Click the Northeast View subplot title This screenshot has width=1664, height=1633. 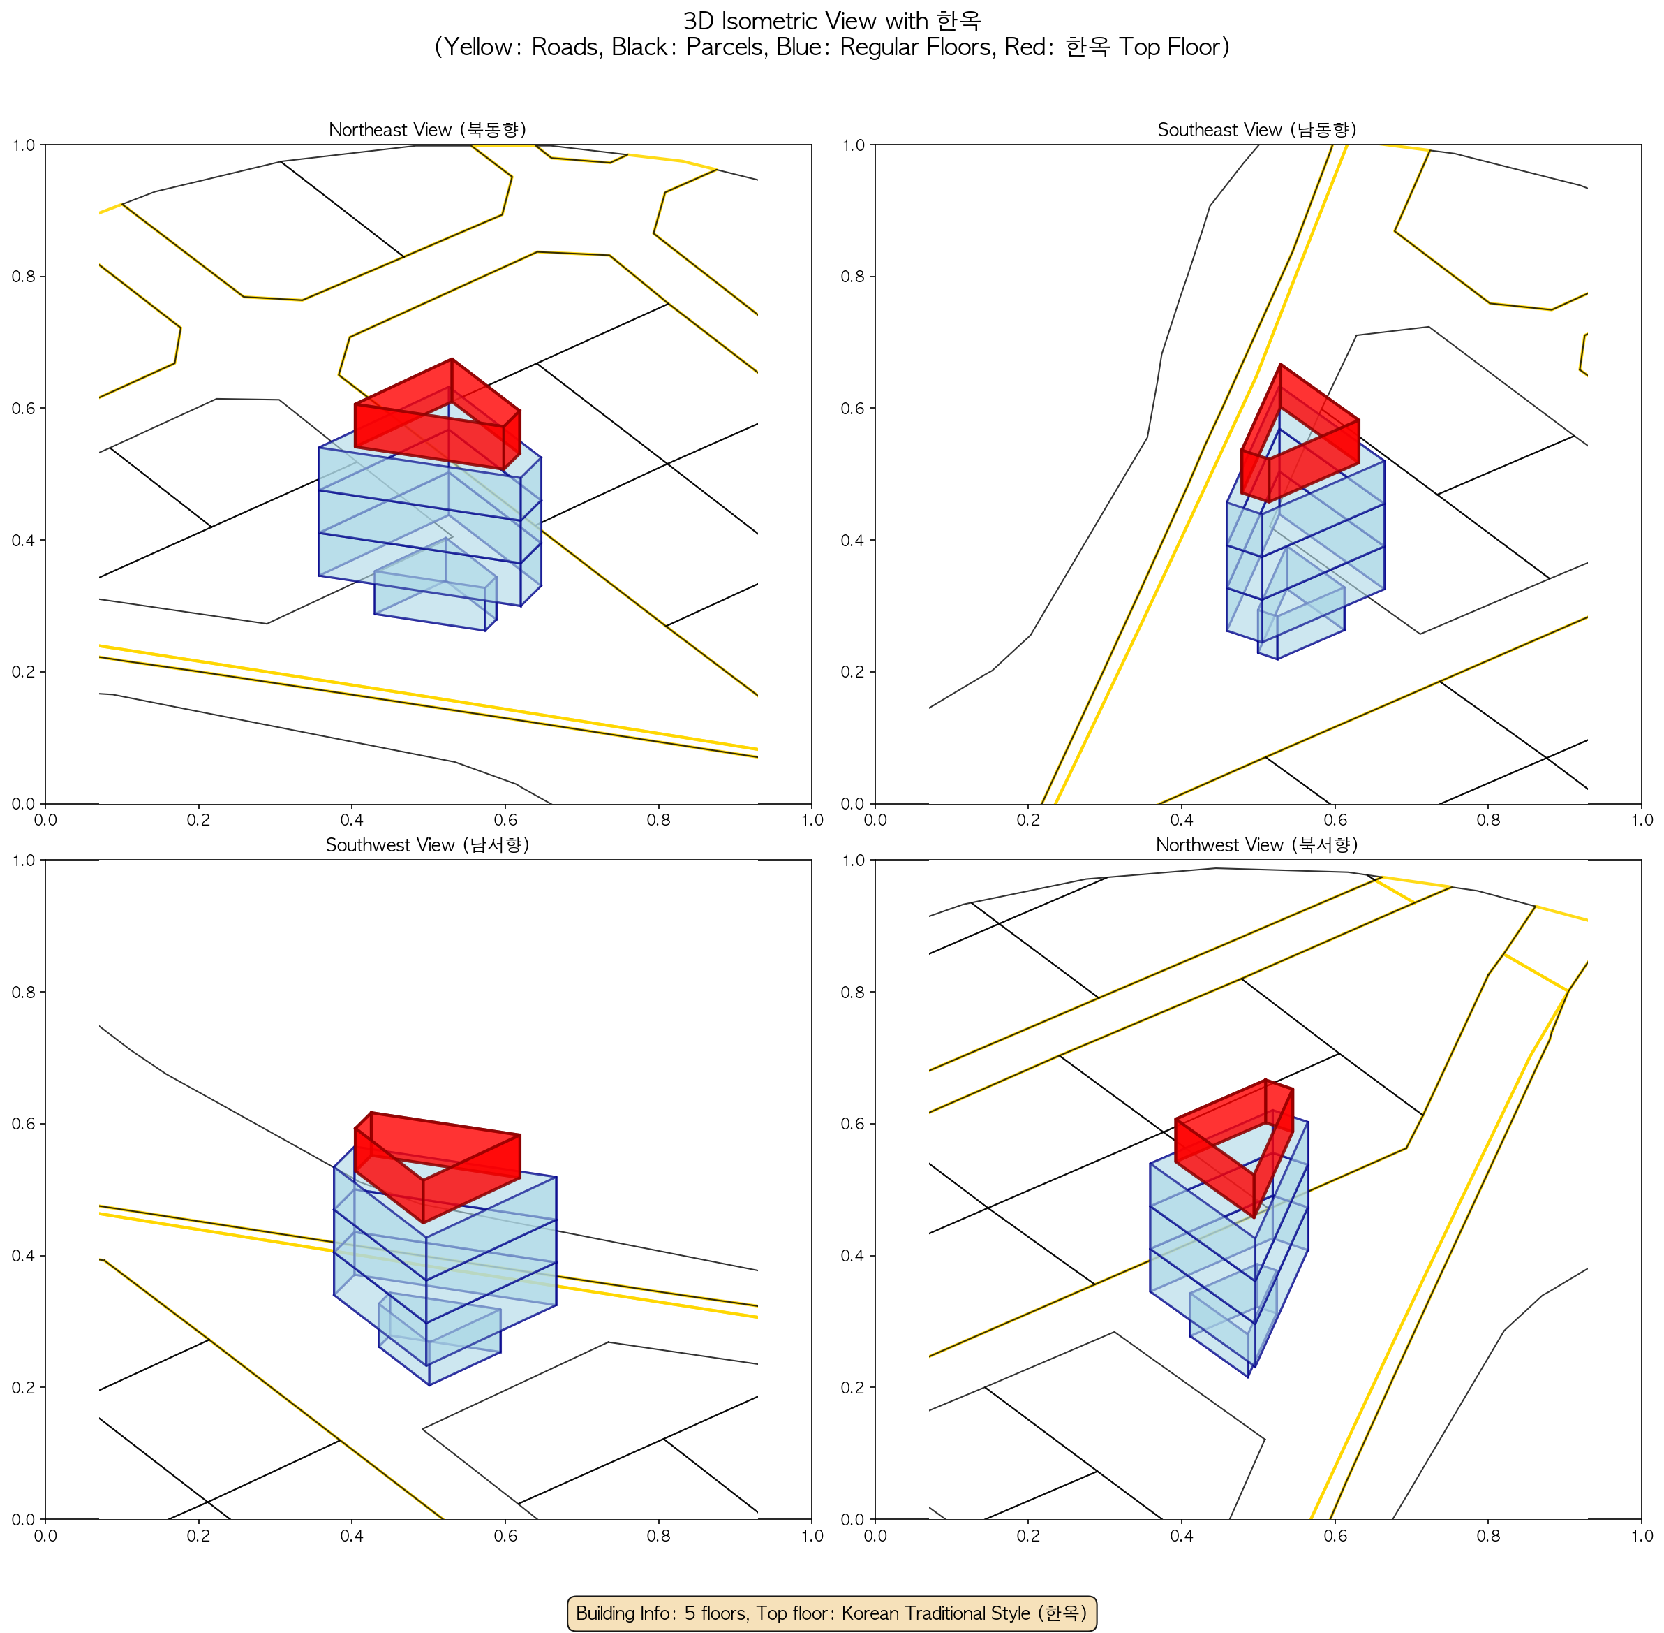pyautogui.click(x=428, y=129)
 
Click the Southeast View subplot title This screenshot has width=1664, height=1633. pyautogui.click(x=1257, y=129)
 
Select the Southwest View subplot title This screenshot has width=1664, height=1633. pyautogui.click(x=428, y=845)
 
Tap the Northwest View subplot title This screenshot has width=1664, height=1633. pyautogui.click(x=1257, y=845)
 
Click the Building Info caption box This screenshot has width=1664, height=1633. pyautogui.click(x=831, y=1613)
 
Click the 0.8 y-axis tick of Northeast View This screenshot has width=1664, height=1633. pyautogui.click(x=24, y=277)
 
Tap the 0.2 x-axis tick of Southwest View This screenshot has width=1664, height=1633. pyautogui.click(x=199, y=1535)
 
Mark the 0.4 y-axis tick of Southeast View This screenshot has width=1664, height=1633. pyautogui.click(x=854, y=541)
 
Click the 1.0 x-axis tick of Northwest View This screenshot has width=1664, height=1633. pyautogui.click(x=1642, y=1535)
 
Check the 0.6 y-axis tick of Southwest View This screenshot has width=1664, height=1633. pyautogui.click(x=24, y=1125)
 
